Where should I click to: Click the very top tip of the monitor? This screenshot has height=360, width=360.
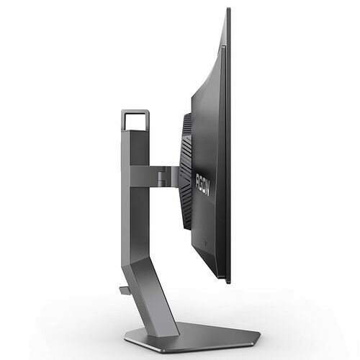[229, 9]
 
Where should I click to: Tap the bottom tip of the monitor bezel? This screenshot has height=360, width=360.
[229, 282]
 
